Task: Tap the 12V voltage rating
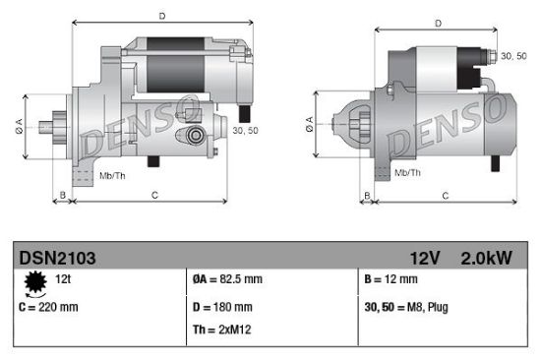[426, 258]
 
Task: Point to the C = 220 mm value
[49, 307]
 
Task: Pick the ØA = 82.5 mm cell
[229, 280]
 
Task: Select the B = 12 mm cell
[392, 280]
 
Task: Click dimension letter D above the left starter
[161, 15]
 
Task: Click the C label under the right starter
[445, 197]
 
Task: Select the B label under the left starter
[63, 196]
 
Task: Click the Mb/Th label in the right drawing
[407, 171]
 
